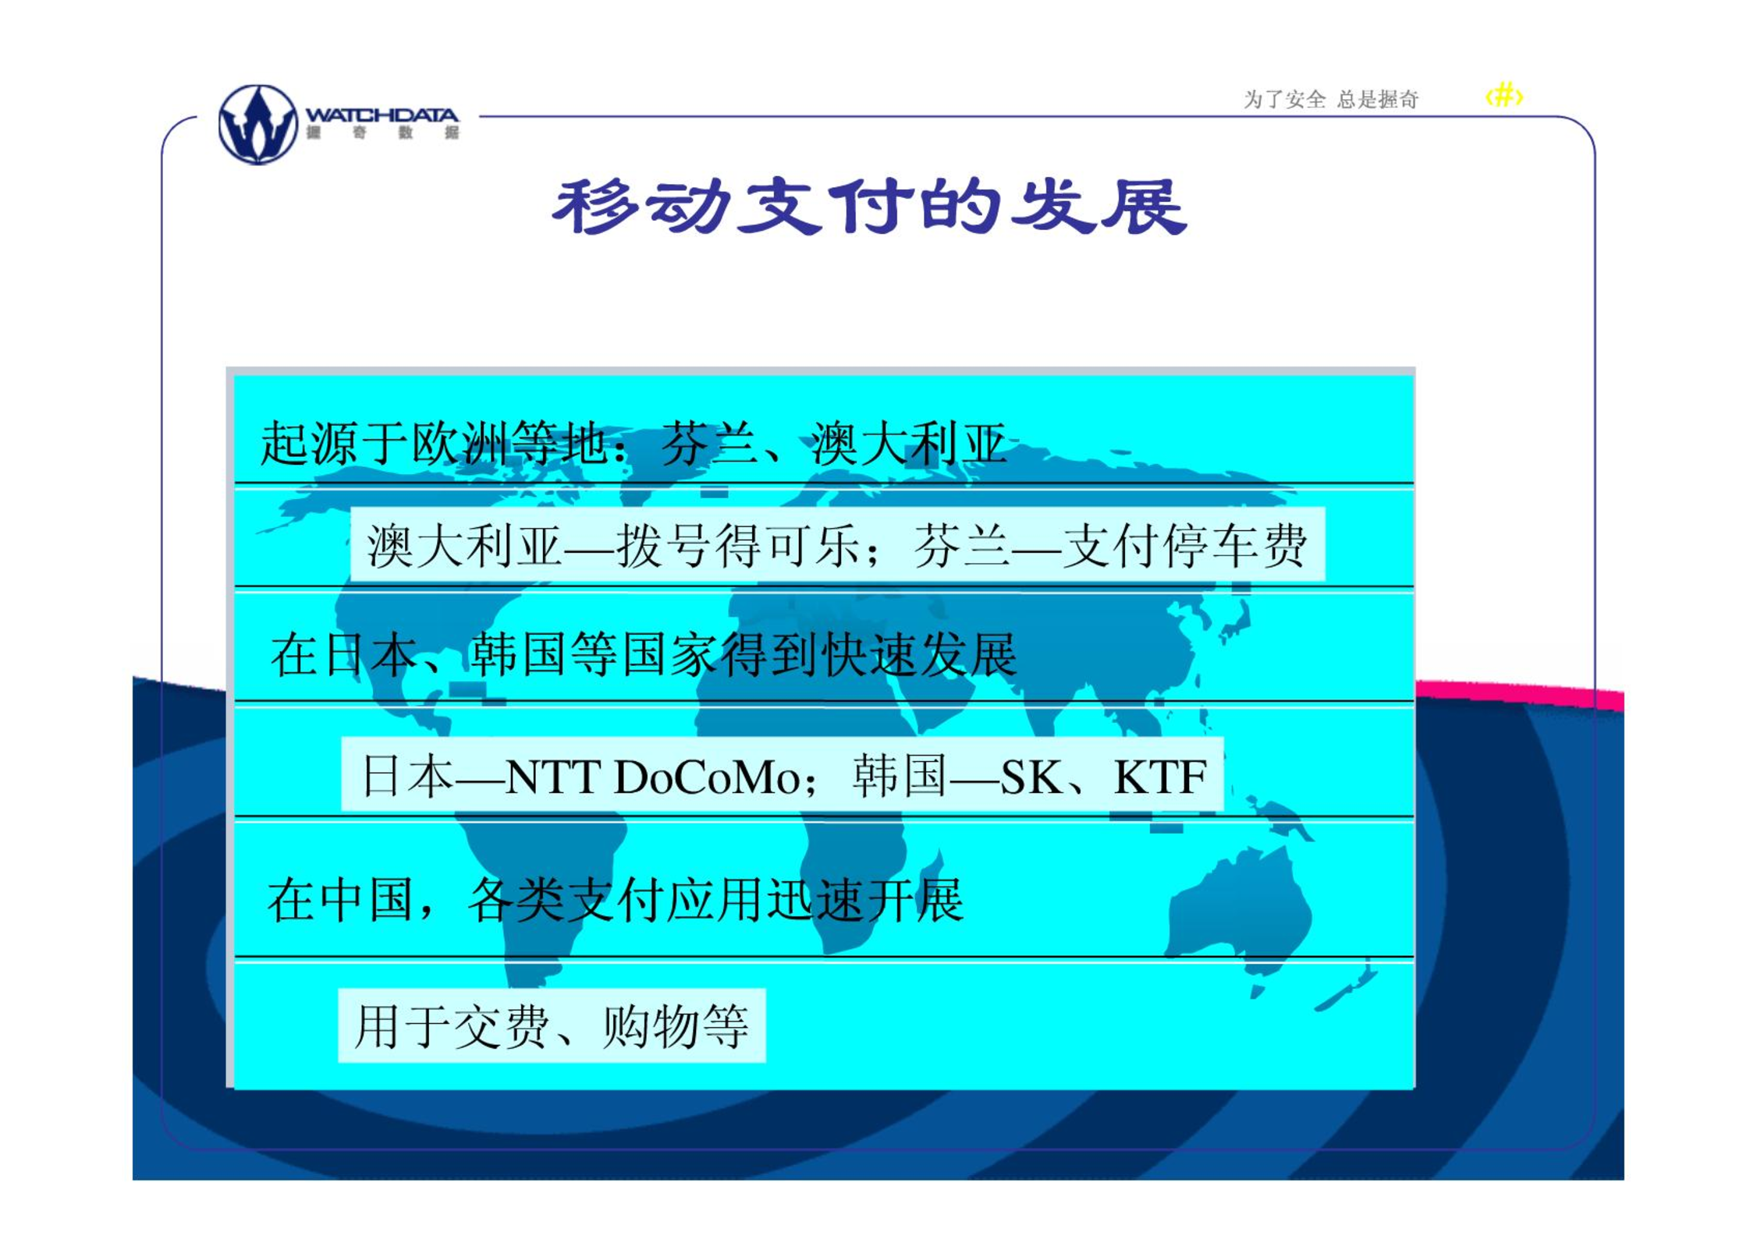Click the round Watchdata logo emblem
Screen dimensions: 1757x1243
pyautogui.click(x=258, y=125)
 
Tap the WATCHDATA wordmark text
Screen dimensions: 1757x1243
pyautogui.click(x=382, y=115)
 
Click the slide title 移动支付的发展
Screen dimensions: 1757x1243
pyautogui.click(x=869, y=207)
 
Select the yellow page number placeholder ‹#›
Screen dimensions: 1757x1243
pyautogui.click(x=1503, y=96)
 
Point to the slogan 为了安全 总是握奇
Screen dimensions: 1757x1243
pyautogui.click(x=1330, y=100)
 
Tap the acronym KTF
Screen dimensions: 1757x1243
pyautogui.click(x=1160, y=777)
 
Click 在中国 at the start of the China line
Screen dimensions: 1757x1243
pyautogui.click(x=340, y=901)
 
